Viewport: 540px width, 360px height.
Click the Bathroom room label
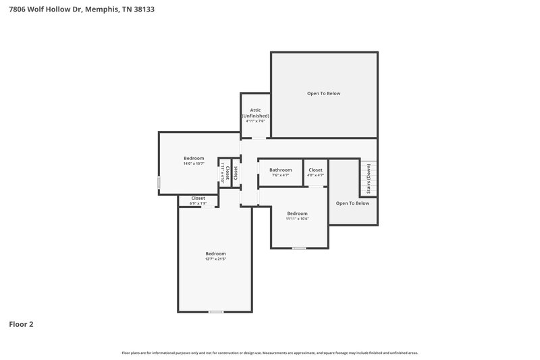tap(280, 170)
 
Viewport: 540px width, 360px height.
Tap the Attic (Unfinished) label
tap(256, 113)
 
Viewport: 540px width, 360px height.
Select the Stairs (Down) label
tap(369, 179)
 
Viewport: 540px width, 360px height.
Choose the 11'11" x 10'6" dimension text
tap(297, 218)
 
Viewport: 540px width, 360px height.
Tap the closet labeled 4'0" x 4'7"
tap(315, 172)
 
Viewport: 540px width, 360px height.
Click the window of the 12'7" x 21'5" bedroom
tap(215, 311)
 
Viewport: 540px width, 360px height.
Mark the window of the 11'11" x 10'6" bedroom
tap(298, 248)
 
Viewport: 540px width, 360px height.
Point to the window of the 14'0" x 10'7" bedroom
tap(159, 182)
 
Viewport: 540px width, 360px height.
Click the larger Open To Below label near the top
tap(324, 93)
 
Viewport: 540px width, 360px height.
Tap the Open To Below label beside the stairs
tap(352, 203)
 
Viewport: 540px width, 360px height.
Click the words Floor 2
tap(21, 324)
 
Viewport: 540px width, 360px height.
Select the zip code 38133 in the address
tap(144, 9)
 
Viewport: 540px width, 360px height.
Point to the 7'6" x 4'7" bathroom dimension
tap(280, 175)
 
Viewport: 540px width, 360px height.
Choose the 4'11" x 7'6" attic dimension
tap(256, 122)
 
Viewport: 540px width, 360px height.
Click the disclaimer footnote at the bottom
tap(270, 353)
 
